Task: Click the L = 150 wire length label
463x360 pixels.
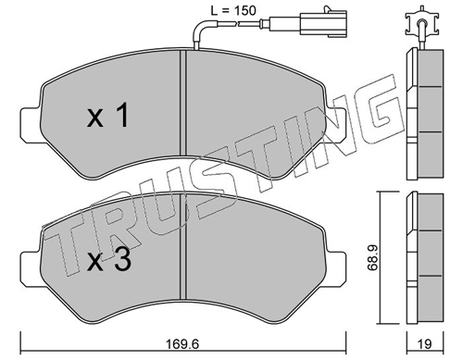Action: coord(233,11)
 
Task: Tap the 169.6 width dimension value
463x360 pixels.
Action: coord(183,343)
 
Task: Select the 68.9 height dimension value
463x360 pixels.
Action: coord(373,258)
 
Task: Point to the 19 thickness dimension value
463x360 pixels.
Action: coord(424,343)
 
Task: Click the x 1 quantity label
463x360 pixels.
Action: coord(107,116)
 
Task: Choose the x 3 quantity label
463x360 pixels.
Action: coord(109,260)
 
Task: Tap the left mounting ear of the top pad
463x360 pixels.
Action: coord(31,125)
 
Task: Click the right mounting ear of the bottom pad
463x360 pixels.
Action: coord(336,269)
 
